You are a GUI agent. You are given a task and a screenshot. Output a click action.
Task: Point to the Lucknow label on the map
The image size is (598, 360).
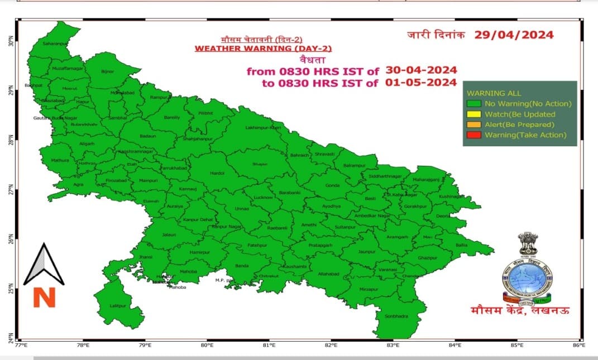click(263, 198)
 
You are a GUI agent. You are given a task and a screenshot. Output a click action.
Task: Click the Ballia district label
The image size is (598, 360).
click(462, 245)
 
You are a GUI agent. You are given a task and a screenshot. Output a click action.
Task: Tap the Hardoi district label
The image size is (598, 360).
click(217, 174)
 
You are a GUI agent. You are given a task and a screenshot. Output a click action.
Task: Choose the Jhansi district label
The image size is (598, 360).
click(145, 257)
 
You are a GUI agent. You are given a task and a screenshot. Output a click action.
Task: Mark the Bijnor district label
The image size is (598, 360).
click(107, 71)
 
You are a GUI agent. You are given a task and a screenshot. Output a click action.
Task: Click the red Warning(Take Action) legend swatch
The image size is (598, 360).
click(474, 135)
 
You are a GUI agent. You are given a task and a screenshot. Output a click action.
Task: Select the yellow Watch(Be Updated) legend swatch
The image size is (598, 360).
click(474, 114)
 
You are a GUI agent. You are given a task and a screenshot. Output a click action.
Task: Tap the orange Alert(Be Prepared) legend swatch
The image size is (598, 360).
click(474, 124)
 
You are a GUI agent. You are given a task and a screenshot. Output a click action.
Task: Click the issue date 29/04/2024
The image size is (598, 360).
click(514, 35)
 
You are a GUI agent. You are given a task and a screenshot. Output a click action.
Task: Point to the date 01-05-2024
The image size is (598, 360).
click(421, 83)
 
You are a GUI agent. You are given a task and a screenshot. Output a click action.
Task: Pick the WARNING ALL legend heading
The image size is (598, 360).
click(486, 93)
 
